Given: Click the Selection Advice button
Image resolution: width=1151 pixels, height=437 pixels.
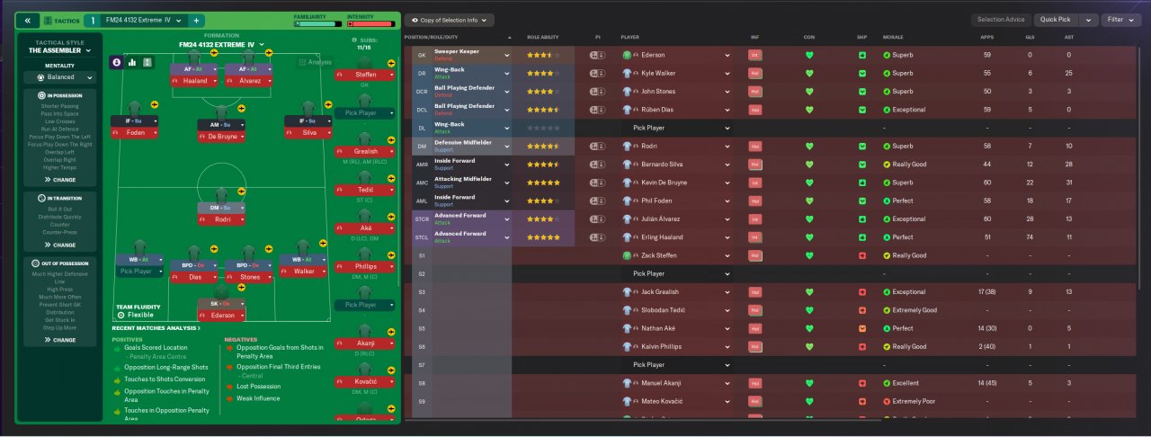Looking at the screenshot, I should (x=1001, y=20).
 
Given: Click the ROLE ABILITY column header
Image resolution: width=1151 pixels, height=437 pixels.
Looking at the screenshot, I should (x=543, y=37).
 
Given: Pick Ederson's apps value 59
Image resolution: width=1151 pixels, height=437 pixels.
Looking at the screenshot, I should (x=987, y=55).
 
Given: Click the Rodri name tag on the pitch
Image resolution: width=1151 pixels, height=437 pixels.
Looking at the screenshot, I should (x=223, y=219).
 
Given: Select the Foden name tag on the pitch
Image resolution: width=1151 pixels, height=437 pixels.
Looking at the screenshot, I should (x=135, y=133).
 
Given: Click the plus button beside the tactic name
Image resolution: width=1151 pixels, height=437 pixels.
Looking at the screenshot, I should (x=196, y=20).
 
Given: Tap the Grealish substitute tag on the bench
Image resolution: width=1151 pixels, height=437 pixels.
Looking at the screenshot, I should (x=365, y=151).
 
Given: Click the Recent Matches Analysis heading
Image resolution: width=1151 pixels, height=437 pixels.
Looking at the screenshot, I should (x=157, y=328).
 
